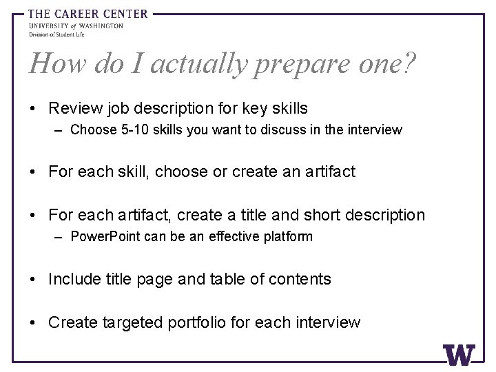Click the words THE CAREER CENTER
[87, 13]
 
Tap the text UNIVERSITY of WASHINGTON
[76, 25]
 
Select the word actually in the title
[199, 65]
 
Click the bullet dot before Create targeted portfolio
[34, 322]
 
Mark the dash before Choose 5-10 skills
[60, 130]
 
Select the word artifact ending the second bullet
[329, 172]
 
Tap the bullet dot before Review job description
[34, 108]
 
